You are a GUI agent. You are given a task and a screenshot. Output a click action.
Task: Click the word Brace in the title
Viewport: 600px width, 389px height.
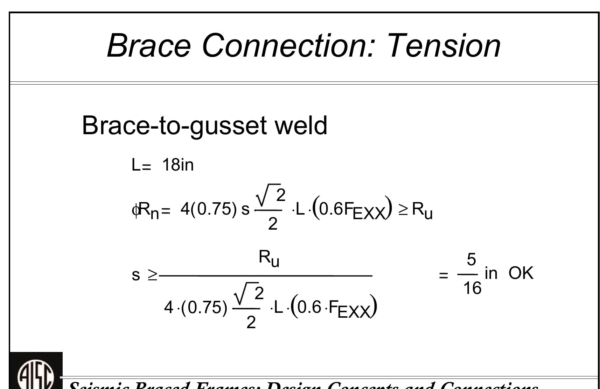click(x=149, y=45)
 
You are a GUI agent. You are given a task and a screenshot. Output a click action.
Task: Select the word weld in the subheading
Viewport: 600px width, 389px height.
click(x=301, y=125)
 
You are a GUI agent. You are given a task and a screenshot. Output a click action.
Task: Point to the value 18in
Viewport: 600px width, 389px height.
click(x=178, y=165)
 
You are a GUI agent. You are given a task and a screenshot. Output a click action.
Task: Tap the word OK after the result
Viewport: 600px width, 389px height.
click(x=521, y=273)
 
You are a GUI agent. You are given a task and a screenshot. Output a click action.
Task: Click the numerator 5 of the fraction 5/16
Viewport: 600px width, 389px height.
click(x=471, y=260)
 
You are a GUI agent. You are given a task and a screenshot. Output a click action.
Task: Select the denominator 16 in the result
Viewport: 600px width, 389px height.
click(x=472, y=288)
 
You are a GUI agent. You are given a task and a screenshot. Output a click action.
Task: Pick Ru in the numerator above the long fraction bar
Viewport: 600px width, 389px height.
click(x=269, y=258)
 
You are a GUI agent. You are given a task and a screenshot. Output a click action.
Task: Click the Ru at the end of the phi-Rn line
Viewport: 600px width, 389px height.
click(x=422, y=210)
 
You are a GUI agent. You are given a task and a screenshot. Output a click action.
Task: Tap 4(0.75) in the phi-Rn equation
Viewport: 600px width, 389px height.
click(x=209, y=209)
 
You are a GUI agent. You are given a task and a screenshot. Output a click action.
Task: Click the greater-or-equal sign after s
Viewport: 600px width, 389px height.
click(x=153, y=275)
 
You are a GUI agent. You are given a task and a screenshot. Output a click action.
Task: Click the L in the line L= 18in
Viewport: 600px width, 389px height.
click(x=135, y=165)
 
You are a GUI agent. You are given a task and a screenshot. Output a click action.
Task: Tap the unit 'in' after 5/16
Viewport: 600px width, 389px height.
click(x=491, y=273)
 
